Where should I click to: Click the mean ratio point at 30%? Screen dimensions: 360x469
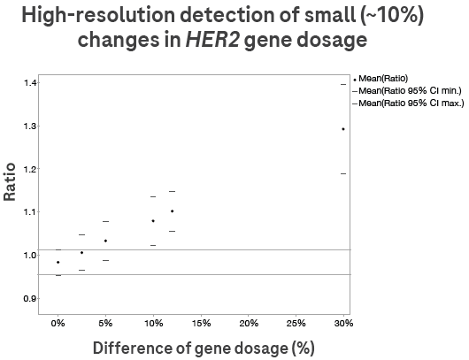tap(343, 129)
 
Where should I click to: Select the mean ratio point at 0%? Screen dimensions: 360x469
tap(58, 262)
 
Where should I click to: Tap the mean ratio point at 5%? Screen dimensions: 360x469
tap(106, 241)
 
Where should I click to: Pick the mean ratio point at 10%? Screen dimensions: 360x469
tap(153, 221)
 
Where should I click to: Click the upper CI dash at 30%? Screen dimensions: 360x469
tap(343, 84)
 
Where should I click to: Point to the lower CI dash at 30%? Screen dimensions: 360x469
tap(343, 173)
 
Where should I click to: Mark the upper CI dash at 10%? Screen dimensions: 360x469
tap(153, 196)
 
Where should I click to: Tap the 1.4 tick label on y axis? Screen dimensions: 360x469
tap(30, 83)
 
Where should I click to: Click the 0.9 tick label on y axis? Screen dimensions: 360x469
tap(30, 298)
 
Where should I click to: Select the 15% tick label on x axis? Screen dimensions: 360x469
tap(201, 323)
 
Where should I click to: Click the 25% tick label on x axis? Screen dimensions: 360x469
tap(296, 323)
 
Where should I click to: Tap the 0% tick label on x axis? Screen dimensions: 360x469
tap(58, 323)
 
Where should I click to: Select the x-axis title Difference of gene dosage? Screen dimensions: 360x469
tap(204, 348)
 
